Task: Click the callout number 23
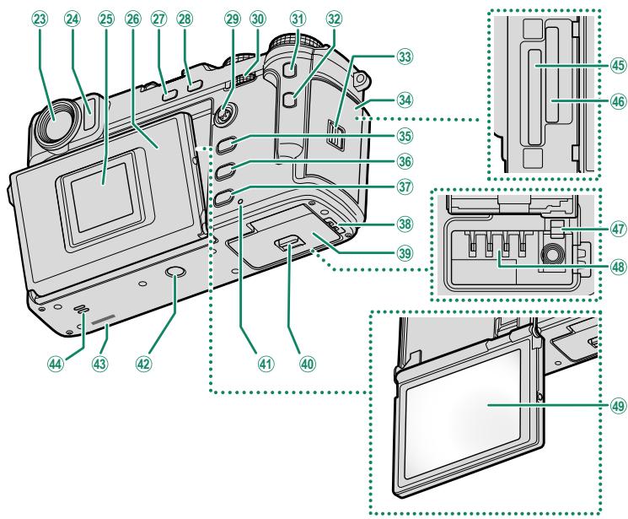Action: (41, 19)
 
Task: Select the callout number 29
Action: (232, 19)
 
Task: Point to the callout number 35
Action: (405, 136)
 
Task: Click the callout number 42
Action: (144, 364)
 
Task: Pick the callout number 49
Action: (618, 406)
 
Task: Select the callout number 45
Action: (618, 65)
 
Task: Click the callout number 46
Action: (618, 101)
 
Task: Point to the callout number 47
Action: (618, 229)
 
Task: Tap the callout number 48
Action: (618, 266)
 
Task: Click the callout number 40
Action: (308, 364)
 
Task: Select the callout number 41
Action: (266, 364)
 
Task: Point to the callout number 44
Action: (56, 364)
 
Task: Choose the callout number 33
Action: (405, 57)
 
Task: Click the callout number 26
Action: (133, 19)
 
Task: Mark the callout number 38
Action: (405, 224)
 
